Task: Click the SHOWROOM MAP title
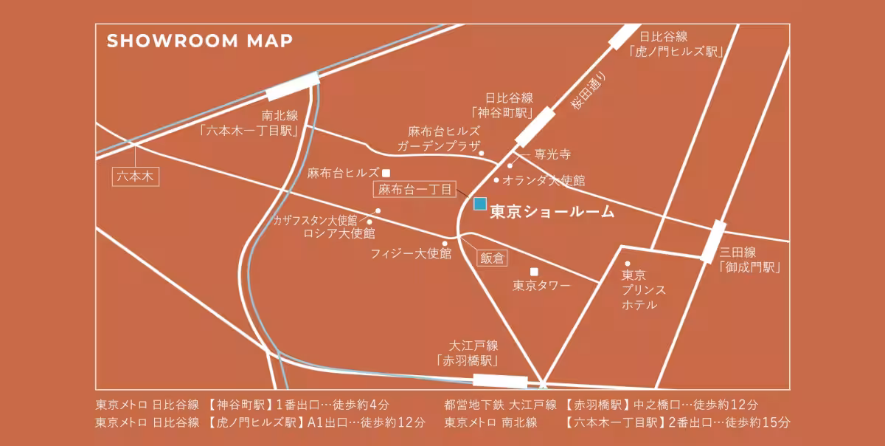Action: pos(200,41)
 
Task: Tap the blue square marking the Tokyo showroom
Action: pos(480,203)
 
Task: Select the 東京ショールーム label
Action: pos(552,212)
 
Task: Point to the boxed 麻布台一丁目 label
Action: pos(414,190)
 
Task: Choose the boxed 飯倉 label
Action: pos(492,258)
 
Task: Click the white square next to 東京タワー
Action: pos(534,271)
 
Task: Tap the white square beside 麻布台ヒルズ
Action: pos(386,174)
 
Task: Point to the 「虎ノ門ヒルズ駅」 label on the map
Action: pos(676,51)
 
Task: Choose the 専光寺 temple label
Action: pos(552,155)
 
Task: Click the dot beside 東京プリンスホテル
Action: pos(628,264)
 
